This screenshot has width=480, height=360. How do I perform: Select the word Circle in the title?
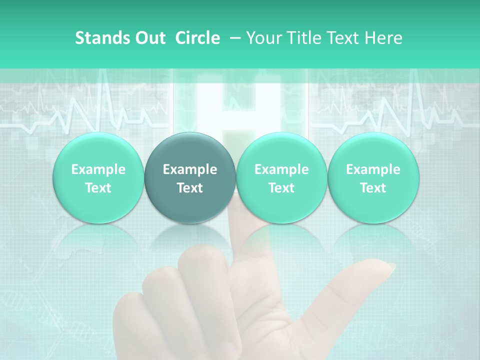197,38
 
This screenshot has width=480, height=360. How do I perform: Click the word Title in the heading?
303,38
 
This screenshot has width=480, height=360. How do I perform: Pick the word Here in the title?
383,38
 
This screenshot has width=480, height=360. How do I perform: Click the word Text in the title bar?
341,38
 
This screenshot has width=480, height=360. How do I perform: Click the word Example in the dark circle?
190,169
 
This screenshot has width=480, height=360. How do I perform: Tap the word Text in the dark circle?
190,188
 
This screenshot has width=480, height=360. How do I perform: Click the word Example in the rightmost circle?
373,169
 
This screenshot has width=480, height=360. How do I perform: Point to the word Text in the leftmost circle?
98,188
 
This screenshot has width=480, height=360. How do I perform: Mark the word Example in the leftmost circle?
98,169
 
